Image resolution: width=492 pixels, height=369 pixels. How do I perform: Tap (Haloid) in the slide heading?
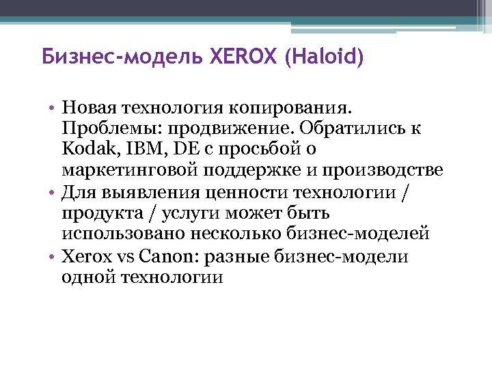(x=320, y=56)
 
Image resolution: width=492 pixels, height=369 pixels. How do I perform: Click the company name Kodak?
(x=83, y=149)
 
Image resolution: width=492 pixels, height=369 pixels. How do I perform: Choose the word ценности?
(x=253, y=191)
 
